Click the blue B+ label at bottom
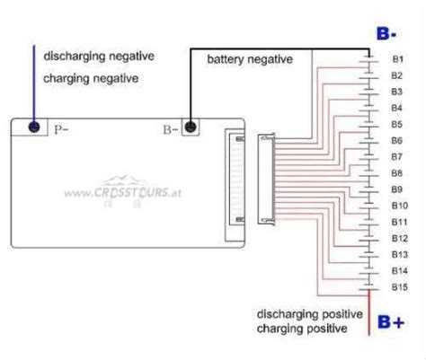(391, 320)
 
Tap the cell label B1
(396, 59)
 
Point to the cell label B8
(396, 172)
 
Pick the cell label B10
(398, 205)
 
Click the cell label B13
(398, 254)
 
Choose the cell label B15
(398, 286)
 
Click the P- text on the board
(61, 129)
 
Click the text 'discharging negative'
(99, 56)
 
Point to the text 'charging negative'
(90, 78)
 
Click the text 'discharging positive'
(309, 314)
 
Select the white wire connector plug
(267, 180)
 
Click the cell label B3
(396, 92)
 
